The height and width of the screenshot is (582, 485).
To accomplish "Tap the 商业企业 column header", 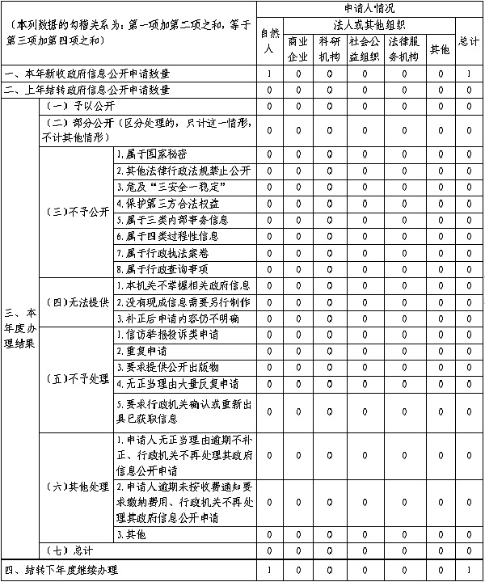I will click(297, 48).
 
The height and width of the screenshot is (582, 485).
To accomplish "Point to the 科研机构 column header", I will click(329, 48).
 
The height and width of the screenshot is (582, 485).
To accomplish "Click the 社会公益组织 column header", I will click(365, 48).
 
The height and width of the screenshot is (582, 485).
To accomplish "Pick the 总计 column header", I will click(468, 41).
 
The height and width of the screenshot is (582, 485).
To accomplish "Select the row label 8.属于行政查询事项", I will click(162, 269).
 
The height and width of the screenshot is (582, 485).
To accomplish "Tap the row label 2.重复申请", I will click(141, 351).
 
